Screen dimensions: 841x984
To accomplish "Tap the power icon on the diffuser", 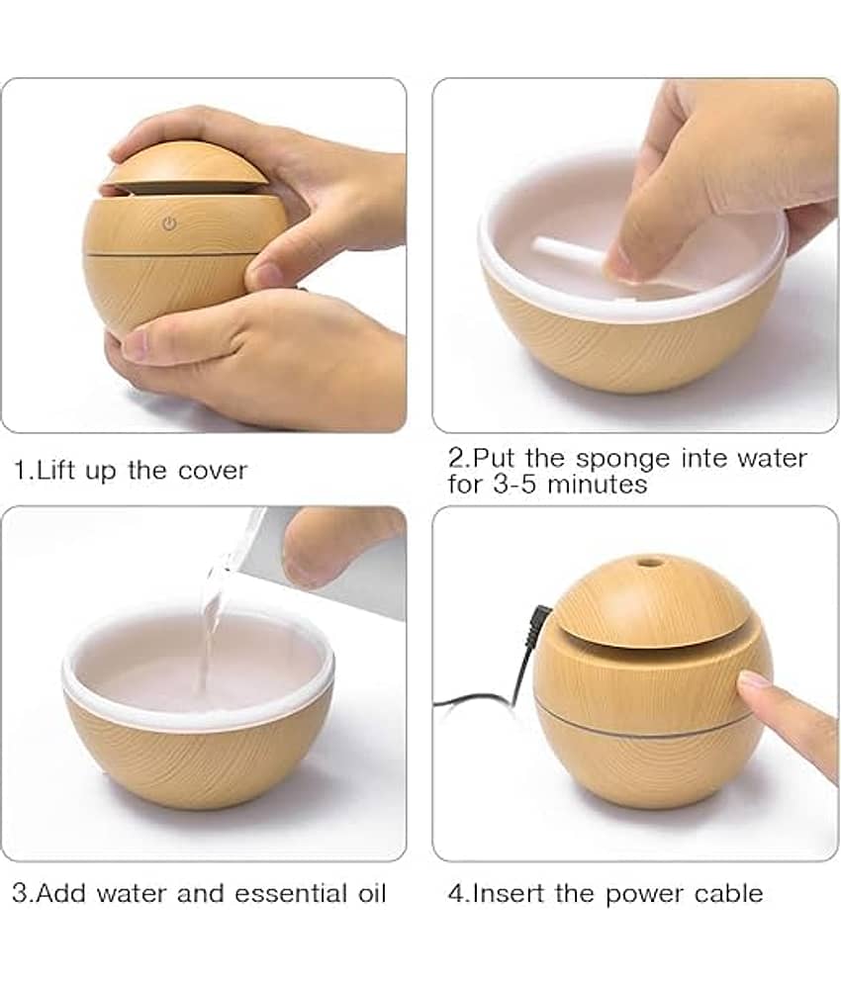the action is point(169,224).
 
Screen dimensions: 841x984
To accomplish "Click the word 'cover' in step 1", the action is point(213,471).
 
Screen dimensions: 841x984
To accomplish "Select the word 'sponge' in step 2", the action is point(622,460).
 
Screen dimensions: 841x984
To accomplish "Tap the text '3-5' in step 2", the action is point(515,485).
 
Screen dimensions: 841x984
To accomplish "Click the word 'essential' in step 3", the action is point(291,894).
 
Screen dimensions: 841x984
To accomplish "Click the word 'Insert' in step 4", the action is point(509,894).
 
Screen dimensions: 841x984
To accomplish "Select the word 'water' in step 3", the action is point(133,894).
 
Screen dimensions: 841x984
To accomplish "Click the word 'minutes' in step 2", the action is point(596,485).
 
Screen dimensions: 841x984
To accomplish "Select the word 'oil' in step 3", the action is point(372,894).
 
